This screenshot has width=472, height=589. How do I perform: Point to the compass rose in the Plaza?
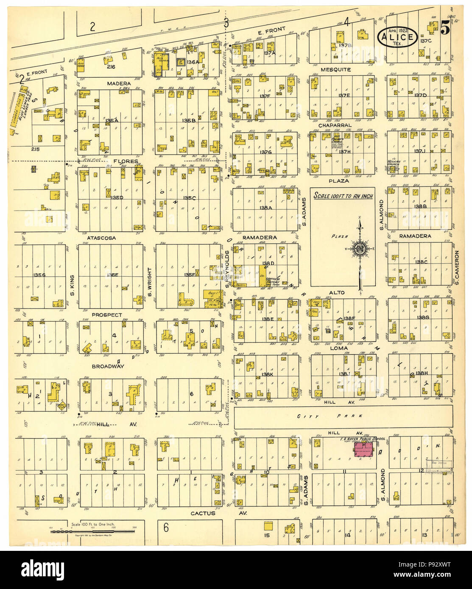360,248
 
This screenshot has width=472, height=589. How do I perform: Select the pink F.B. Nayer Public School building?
363,450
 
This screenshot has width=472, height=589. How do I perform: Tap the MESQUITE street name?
335,69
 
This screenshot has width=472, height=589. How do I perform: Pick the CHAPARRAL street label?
335,125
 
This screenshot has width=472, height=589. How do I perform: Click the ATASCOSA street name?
101,238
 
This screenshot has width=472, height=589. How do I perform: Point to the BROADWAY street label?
108,366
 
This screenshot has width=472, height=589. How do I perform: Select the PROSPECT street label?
106,315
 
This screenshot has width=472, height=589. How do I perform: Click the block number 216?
111,67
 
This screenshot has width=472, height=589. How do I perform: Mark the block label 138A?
266,208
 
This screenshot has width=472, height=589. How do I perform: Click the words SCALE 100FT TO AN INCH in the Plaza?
342,196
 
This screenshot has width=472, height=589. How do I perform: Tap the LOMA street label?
339,348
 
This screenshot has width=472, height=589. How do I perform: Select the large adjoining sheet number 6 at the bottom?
166,528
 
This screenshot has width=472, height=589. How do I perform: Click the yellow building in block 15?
268,526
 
